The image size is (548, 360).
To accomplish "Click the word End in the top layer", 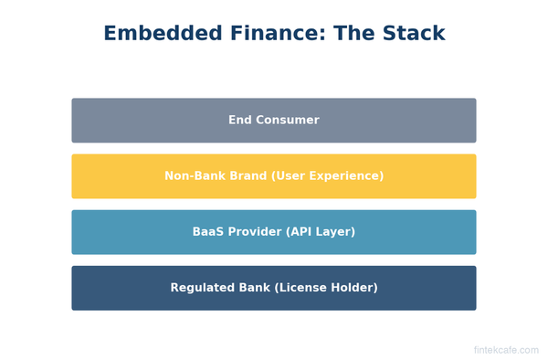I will click(240, 121).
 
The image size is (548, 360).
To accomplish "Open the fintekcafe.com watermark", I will click(506, 350).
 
